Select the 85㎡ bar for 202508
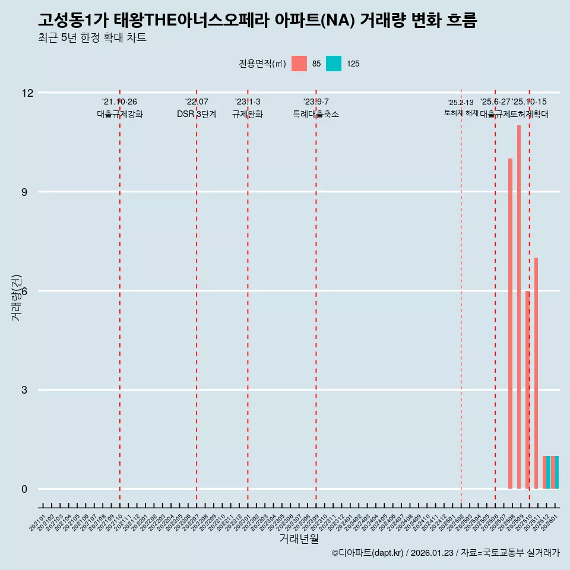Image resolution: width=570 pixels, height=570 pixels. [510, 324]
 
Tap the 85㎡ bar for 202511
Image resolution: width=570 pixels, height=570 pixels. [536, 373]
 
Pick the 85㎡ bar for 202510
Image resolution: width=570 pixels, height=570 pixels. [527, 389]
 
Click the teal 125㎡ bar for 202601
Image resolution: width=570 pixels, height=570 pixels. [557, 473]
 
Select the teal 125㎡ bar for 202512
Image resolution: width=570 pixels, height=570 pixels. [548, 473]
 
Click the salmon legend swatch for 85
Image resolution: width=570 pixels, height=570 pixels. [299, 64]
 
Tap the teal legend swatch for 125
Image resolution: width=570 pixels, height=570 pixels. [334, 64]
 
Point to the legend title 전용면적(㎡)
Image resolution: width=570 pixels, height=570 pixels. [262, 64]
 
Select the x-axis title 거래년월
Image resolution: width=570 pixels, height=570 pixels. [299, 539]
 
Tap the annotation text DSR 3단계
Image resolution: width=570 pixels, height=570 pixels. [197, 114]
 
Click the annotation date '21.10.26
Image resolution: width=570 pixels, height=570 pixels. [119, 102]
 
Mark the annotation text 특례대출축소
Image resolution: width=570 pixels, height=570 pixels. [316, 114]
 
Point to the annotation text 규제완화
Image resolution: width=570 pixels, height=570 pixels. [247, 114]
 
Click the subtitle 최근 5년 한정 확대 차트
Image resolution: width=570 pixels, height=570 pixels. [91, 38]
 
